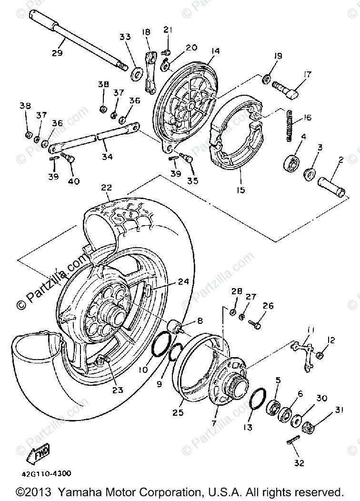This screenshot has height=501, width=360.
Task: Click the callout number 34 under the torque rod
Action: pos(108,156)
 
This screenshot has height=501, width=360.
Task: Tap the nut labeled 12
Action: pos(320,355)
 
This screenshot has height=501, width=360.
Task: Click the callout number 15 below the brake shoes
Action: pos(240,190)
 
